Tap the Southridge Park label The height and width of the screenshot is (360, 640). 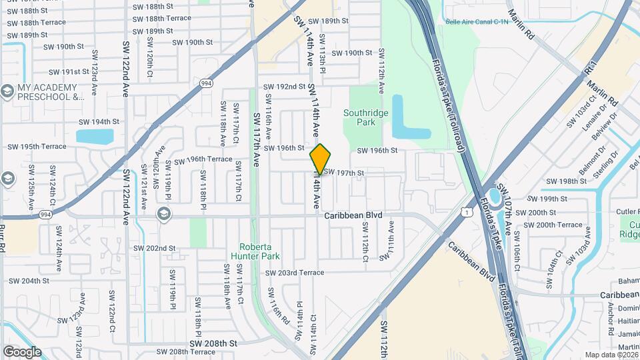coord(365,117)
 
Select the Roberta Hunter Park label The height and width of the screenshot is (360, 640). coord(255,251)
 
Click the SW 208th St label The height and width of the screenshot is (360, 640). coord(213,343)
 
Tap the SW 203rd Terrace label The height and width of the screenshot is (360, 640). coord(294,273)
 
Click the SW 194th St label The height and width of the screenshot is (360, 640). coord(99,122)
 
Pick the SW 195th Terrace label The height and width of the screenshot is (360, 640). coord(37,147)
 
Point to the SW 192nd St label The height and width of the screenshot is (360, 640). coord(284,87)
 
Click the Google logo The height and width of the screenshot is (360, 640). coord(22,352)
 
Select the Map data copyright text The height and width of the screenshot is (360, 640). coord(611,355)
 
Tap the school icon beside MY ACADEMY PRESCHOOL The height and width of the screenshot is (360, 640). coord(7,91)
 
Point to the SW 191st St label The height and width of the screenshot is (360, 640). coord(66,72)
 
